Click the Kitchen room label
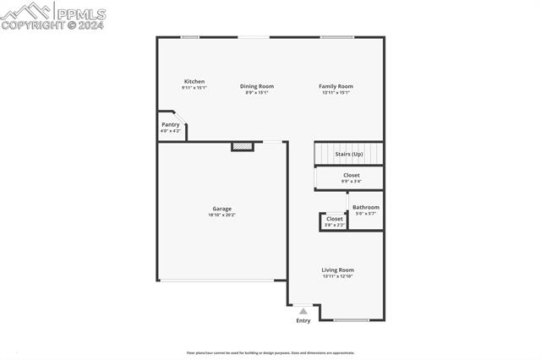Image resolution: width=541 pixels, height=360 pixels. coord(194,81)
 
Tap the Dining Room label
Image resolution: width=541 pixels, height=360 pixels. coord(257,85)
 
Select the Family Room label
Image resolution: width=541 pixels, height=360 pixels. coord(336,85)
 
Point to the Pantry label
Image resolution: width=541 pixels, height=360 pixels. coord(171,124)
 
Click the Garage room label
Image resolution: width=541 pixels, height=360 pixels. coord(221,209)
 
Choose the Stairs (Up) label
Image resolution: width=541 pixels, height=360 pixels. coord(349,155)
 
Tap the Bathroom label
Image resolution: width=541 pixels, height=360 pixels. coord(366,207)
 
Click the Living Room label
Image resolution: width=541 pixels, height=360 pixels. coord(337,270)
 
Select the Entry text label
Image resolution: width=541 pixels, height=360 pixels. coord(303,320)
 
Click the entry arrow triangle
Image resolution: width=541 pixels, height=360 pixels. coord(303,311)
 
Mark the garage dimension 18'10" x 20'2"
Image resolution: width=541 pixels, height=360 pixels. coord(221,215)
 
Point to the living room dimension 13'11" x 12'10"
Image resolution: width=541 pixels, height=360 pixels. coord(337,276)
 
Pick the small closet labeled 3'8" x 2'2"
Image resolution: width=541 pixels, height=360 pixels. coord(335,221)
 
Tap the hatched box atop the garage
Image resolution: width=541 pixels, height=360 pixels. coord(243,146)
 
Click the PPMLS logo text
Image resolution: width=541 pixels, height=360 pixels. coord(82,13)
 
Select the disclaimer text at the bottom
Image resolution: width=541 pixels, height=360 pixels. coord(270,353)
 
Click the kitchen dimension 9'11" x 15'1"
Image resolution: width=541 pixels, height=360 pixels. coord(194,88)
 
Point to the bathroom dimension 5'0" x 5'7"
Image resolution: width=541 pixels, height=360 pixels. coord(366,214)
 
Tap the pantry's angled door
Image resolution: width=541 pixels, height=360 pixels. coord(180,117)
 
